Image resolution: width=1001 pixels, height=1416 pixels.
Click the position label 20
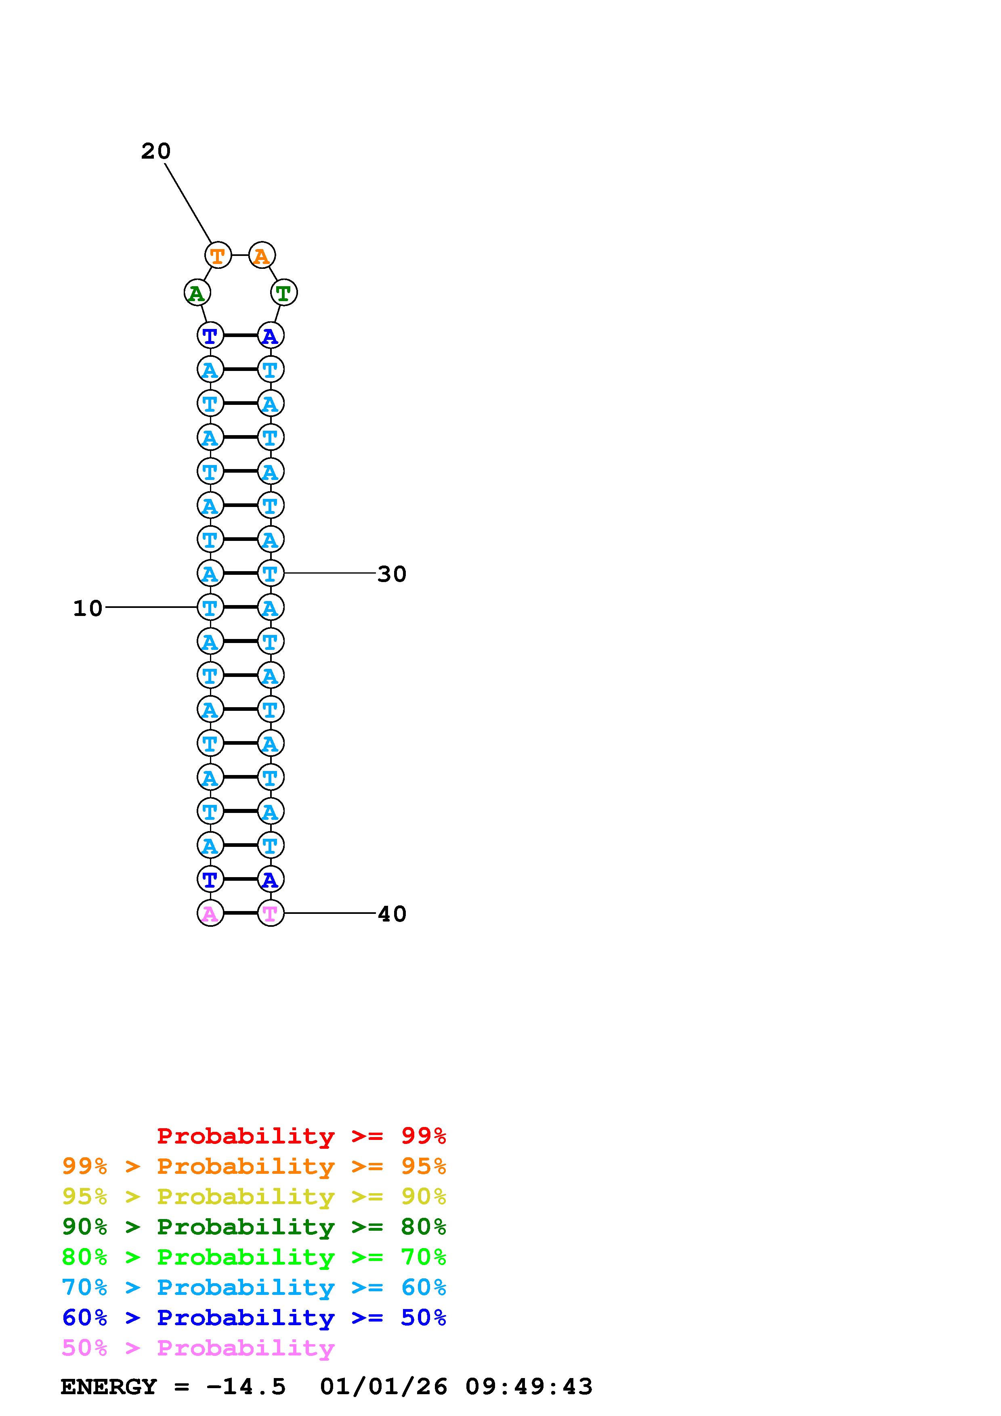155,151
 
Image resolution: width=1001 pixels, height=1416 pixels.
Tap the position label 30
392,574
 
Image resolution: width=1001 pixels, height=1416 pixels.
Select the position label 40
392,914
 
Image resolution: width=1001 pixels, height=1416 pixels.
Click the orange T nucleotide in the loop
218,256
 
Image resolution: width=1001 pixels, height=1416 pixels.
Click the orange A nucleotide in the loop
262,256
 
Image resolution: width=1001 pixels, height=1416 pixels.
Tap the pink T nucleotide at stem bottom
270,913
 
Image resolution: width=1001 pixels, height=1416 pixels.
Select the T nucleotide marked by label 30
270,574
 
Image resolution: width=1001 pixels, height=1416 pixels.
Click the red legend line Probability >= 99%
302,1135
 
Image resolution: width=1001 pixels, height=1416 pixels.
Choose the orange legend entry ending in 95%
254,1166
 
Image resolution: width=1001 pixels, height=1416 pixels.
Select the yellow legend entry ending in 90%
254,1196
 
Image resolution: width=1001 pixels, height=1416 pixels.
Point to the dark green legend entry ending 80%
254,1227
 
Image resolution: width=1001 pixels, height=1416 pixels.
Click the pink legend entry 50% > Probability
198,1347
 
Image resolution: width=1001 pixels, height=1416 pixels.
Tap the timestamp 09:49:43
529,1387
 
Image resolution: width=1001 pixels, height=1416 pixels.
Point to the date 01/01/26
384,1387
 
